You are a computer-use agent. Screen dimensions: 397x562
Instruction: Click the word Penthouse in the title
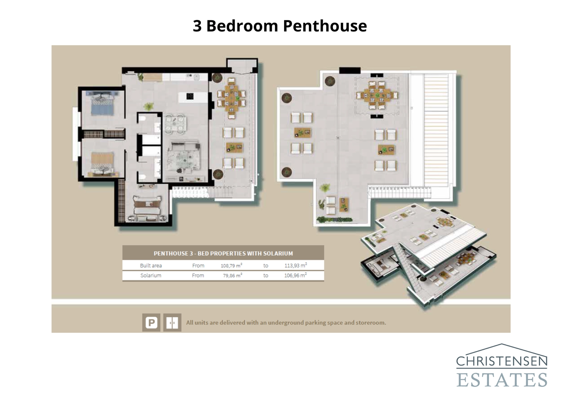click(x=325, y=26)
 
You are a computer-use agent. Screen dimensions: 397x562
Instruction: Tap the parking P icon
click(x=151, y=322)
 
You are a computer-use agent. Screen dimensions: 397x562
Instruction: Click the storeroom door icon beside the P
click(x=172, y=322)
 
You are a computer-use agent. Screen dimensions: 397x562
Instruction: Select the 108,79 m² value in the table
click(x=231, y=265)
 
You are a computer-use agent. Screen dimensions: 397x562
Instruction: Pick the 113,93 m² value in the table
click(x=295, y=265)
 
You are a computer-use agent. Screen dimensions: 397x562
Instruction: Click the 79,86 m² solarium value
click(x=232, y=276)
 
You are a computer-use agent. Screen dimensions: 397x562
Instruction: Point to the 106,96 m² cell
click(x=295, y=276)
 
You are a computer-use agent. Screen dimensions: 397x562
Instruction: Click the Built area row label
click(x=151, y=266)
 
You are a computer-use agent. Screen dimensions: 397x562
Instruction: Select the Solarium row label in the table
click(x=151, y=276)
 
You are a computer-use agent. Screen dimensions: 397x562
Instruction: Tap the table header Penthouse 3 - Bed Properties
click(x=223, y=253)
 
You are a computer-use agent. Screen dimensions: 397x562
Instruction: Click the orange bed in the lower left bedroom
click(x=102, y=163)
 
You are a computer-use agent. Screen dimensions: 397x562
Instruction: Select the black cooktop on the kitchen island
click(x=190, y=96)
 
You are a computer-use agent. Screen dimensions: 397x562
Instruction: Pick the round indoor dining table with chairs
click(x=175, y=124)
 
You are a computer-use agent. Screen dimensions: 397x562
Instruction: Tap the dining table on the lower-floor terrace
click(x=231, y=98)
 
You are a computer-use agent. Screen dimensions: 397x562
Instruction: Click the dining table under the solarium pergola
click(x=377, y=95)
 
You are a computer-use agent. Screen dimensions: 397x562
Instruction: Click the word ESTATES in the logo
click(x=502, y=380)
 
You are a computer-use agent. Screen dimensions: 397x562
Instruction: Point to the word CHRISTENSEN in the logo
click(x=502, y=361)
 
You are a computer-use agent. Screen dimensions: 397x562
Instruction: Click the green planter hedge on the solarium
click(x=334, y=220)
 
